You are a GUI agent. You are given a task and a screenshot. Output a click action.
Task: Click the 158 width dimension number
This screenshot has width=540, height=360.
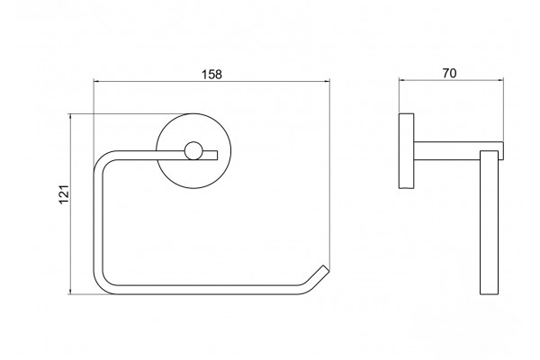click(x=211, y=75)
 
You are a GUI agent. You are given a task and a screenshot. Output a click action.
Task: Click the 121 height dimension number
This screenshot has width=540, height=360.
click(x=65, y=194)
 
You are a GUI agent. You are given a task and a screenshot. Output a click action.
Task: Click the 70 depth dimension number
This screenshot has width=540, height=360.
click(x=449, y=74)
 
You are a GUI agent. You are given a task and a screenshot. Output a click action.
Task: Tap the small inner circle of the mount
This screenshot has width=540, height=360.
click(x=193, y=151)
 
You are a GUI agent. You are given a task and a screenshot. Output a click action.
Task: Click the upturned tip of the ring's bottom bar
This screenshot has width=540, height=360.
click(x=326, y=268)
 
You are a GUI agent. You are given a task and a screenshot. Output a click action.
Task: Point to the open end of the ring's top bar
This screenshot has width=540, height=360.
click(x=217, y=155)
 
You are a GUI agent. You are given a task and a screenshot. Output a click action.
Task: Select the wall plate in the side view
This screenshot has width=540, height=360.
click(x=407, y=151)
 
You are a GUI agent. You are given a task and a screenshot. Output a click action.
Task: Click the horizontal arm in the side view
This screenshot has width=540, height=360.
click(x=458, y=151)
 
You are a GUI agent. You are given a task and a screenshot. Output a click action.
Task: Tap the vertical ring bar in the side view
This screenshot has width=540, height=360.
click(x=489, y=222)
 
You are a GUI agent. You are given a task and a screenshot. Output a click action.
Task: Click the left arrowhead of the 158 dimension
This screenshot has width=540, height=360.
click(x=97, y=81)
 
